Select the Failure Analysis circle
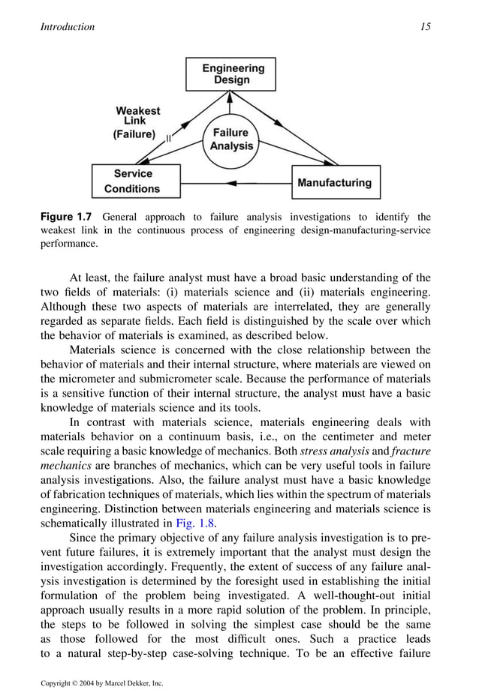230,139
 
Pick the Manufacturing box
335,182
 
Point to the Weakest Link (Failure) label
137,123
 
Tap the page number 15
426,27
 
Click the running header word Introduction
68,27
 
